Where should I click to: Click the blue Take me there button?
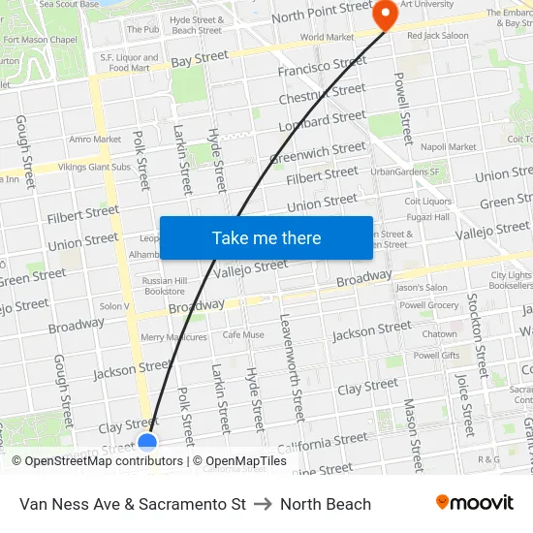coord(266,237)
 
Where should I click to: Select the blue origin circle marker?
coord(147,444)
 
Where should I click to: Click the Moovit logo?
coord(475,503)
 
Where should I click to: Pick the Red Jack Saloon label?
coord(437,36)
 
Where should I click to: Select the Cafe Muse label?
coord(243,335)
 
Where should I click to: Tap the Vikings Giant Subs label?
coord(93,167)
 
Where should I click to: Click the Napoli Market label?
coord(449,147)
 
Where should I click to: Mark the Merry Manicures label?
coord(173,337)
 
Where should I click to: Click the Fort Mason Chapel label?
coord(41,40)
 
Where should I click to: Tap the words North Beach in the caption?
coord(326,504)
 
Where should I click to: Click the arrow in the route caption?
coord(263,504)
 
